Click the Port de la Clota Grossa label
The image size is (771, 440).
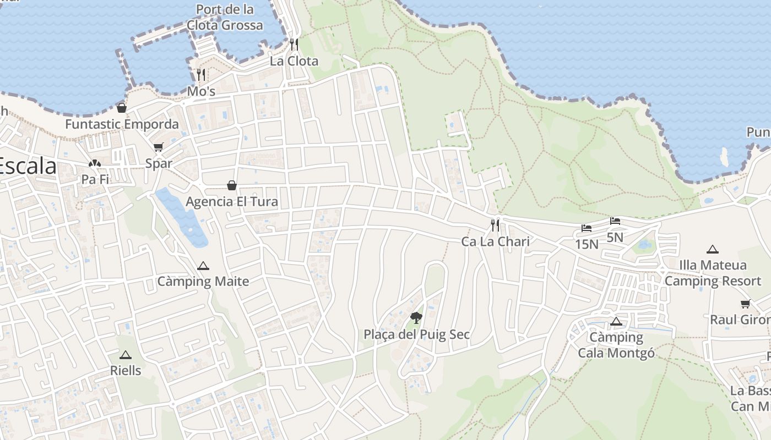[x=225, y=17]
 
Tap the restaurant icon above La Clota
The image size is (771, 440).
[x=294, y=44]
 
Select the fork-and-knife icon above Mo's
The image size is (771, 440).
[x=201, y=74]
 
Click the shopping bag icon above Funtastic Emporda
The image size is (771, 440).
[x=122, y=107]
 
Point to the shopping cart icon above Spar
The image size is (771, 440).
[x=159, y=147]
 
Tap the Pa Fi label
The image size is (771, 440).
[x=95, y=179]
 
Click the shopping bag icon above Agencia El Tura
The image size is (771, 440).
[x=232, y=185]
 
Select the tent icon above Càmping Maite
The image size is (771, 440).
[x=203, y=266]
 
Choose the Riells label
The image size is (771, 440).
[x=126, y=370]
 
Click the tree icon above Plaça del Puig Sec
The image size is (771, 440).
[x=416, y=317]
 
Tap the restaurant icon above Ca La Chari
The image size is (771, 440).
[x=495, y=225]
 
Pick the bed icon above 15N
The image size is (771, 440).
[x=587, y=228]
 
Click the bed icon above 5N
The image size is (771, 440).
[x=615, y=221]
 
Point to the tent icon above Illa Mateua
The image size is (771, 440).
[x=713, y=249]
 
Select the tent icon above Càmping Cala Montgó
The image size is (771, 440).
[x=616, y=321]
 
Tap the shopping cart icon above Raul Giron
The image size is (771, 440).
[x=746, y=304]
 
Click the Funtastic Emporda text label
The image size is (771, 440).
[x=122, y=124]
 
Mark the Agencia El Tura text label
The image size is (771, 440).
[x=232, y=202]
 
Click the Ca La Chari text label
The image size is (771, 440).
[x=495, y=241]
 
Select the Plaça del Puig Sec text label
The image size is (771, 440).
[x=416, y=334]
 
